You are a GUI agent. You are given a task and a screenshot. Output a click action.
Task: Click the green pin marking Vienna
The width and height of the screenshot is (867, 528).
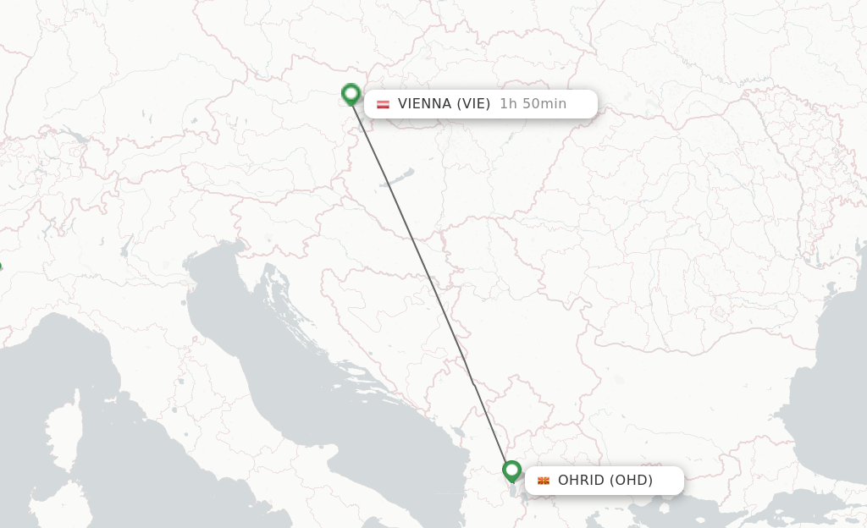point(351,94)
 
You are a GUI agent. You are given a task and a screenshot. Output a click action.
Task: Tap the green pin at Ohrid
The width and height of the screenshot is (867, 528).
point(511,470)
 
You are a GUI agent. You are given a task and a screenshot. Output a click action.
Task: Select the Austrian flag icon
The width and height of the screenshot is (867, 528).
point(383,104)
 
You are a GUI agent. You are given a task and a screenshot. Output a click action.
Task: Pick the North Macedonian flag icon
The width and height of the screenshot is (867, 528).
point(544,481)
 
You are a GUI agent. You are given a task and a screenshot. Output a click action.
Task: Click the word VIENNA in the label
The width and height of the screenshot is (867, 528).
point(423,104)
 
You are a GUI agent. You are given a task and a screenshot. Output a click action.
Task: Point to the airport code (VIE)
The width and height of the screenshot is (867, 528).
point(473,104)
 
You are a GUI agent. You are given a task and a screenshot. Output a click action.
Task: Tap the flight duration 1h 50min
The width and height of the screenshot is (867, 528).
point(533,104)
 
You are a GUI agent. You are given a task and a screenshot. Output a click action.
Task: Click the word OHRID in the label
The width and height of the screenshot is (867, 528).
point(581,481)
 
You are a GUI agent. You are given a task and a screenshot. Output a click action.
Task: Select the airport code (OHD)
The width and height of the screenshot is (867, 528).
point(631,481)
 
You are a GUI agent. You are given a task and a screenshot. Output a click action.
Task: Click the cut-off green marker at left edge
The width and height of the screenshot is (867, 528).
point(1,267)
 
